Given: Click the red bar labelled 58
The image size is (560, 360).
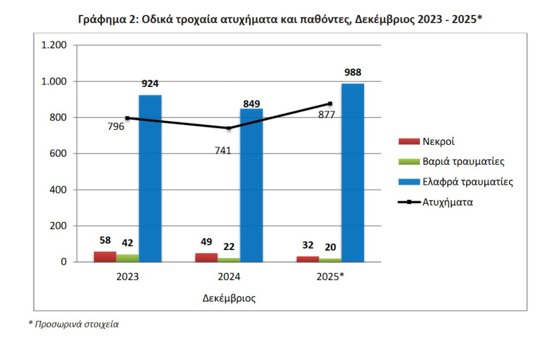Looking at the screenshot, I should pyautogui.click(x=105, y=257).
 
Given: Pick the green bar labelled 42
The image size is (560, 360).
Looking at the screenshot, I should pyautogui.click(x=128, y=258).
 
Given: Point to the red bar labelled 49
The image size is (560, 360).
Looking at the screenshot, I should pyautogui.click(x=207, y=257).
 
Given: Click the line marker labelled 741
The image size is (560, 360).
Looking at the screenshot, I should pyautogui.click(x=229, y=128).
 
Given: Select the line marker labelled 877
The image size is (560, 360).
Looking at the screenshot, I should pyautogui.click(x=330, y=104).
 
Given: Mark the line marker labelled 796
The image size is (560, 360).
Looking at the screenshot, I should pyautogui.click(x=128, y=118).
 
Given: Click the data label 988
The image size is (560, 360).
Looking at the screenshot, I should pyautogui.click(x=353, y=72).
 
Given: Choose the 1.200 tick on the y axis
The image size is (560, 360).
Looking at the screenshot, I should pyautogui.click(x=54, y=45).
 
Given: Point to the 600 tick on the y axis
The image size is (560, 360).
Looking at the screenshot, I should pyautogui.click(x=58, y=154).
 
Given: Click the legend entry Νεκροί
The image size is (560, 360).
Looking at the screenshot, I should pyautogui.click(x=439, y=142).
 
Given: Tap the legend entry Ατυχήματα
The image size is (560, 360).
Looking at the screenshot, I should pyautogui.click(x=447, y=202).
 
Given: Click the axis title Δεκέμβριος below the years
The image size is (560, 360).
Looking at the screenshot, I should pyautogui.click(x=229, y=298).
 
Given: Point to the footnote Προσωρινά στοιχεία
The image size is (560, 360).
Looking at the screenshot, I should pyautogui.click(x=74, y=324).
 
